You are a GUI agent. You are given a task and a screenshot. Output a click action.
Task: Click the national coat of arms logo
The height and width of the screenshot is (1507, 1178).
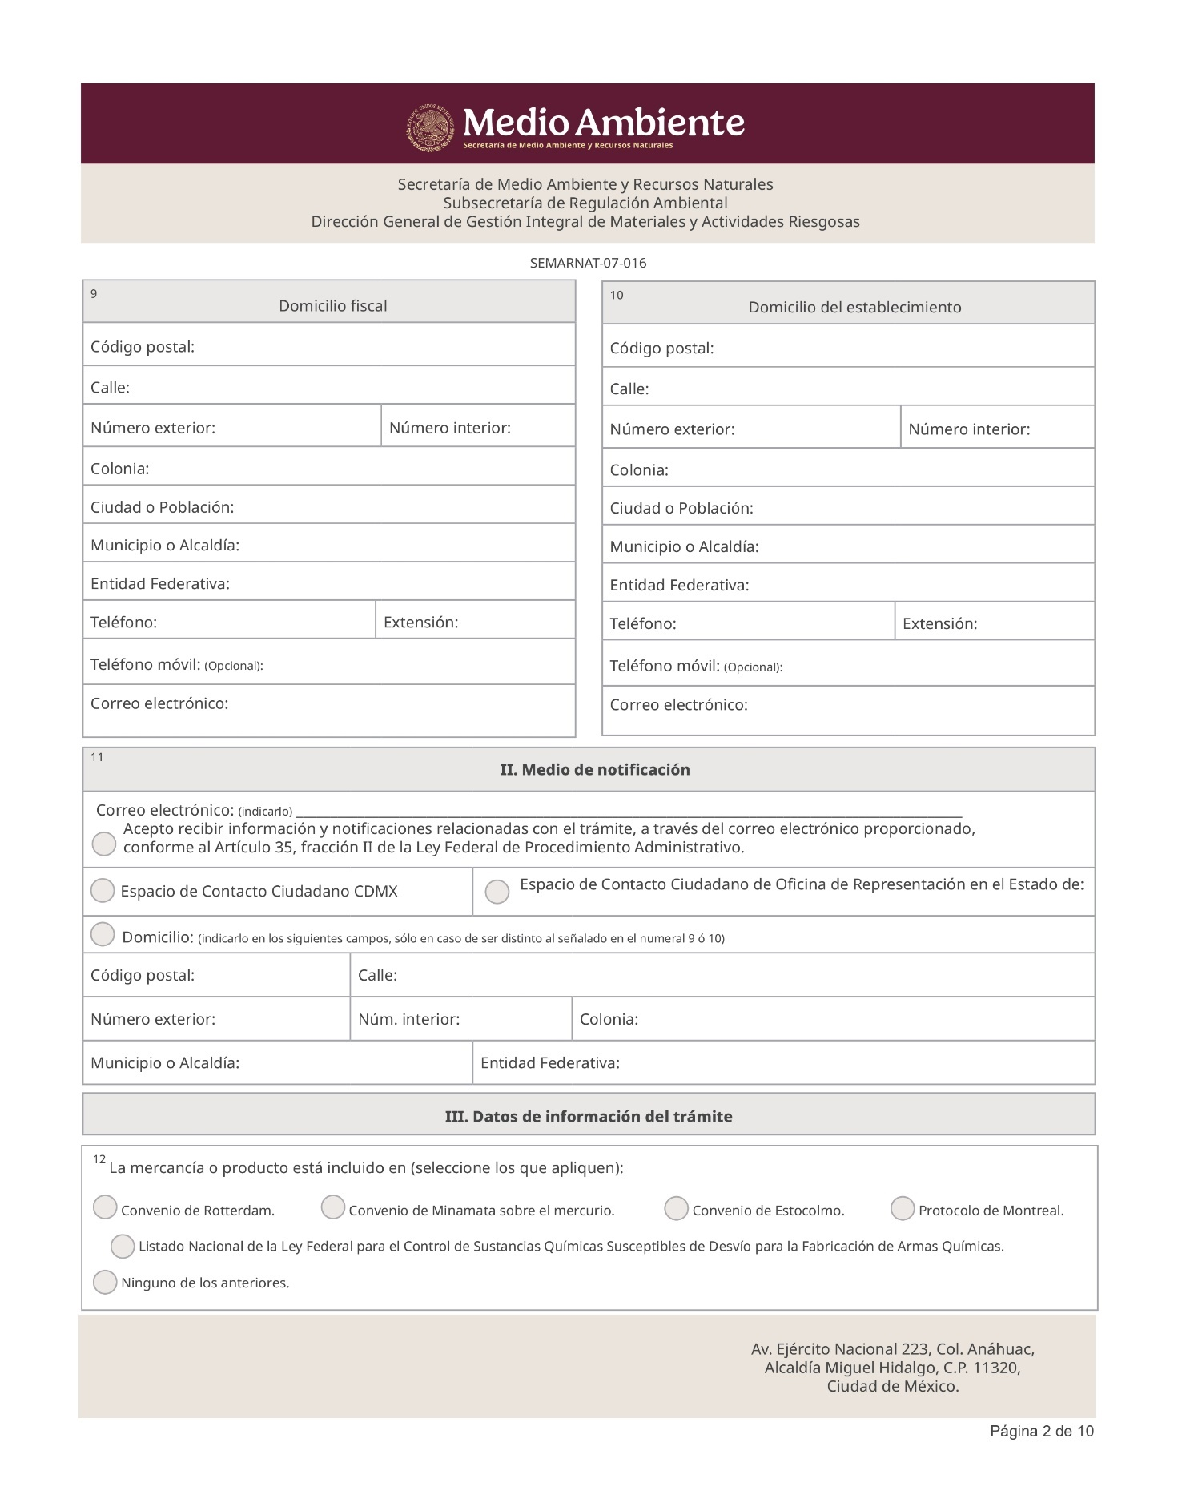(x=431, y=127)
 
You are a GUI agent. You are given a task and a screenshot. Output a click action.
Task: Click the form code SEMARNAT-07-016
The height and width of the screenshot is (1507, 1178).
(x=588, y=263)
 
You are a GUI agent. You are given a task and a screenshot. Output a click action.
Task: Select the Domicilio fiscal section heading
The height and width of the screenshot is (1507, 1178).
(x=332, y=306)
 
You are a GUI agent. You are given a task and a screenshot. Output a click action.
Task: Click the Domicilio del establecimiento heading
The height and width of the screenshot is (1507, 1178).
(x=854, y=308)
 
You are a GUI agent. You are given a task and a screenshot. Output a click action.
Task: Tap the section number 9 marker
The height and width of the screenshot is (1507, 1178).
(x=94, y=294)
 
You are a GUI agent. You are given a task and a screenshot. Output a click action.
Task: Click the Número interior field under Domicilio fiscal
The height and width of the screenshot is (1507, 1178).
(x=477, y=428)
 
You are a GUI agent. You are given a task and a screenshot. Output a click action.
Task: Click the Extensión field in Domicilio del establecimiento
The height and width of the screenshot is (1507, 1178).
(x=993, y=623)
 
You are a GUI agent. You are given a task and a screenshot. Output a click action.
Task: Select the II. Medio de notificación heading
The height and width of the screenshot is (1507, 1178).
(x=594, y=770)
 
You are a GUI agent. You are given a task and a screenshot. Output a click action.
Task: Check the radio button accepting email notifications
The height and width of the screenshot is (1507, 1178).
(x=104, y=844)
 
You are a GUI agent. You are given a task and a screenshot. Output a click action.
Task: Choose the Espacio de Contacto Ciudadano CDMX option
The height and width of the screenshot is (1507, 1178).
(x=103, y=891)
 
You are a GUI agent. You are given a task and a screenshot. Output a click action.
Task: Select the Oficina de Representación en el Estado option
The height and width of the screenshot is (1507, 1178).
(x=497, y=892)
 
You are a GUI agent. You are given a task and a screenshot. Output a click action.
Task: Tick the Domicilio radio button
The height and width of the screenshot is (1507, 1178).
(x=103, y=934)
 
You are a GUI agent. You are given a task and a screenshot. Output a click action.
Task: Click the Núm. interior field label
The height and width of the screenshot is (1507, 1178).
(x=408, y=1019)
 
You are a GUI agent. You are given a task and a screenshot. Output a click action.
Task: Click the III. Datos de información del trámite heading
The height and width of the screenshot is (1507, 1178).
(x=589, y=1117)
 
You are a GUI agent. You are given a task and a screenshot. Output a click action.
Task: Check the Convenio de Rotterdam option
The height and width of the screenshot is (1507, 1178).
(x=105, y=1207)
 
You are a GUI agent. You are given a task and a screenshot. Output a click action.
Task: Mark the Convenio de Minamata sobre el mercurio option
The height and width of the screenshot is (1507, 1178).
(x=333, y=1207)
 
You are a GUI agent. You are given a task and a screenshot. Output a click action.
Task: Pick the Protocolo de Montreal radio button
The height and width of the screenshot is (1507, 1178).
(x=903, y=1209)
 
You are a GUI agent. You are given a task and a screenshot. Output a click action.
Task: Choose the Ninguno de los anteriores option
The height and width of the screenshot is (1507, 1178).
(x=105, y=1282)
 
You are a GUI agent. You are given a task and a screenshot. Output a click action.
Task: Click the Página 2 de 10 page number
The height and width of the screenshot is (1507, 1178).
(x=1041, y=1431)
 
